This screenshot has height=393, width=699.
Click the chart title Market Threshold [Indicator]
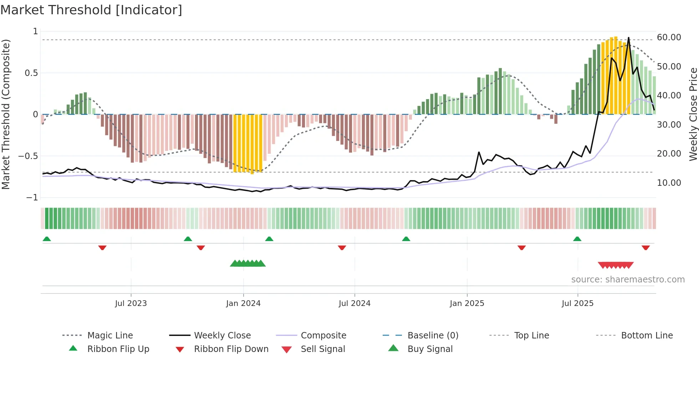pos(91,10)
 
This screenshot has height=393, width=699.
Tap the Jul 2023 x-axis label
pos(131,303)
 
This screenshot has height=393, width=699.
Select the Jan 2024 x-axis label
pos(243,303)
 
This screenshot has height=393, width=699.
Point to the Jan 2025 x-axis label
pos(467,303)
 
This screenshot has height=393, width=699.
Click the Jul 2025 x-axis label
pos(577,303)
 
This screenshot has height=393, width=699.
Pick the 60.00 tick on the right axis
pos(669,37)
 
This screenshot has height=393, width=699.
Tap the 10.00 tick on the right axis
pos(669,183)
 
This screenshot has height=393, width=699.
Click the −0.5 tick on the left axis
pos(28,156)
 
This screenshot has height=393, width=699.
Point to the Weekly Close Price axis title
pos(693,114)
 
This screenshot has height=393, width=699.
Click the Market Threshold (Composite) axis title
pos(6,114)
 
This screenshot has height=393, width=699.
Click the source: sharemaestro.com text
pos(628,280)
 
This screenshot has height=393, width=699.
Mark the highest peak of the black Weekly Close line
pos(628,37)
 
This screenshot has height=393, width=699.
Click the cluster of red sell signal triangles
pos(616,265)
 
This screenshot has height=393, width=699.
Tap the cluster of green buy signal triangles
pos(248,264)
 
